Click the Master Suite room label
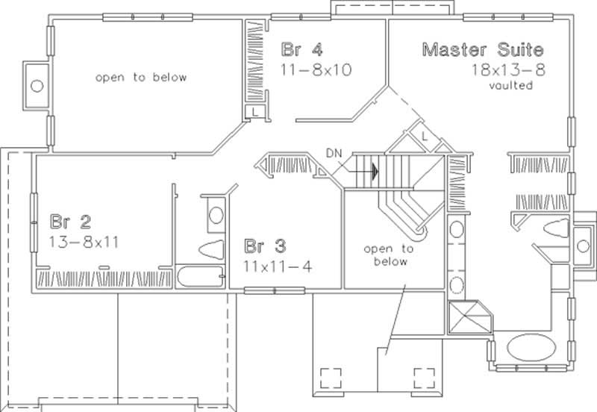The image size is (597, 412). click(x=483, y=50)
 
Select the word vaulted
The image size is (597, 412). click(x=510, y=85)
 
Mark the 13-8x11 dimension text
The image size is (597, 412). click(x=85, y=242)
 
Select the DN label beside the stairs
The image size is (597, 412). click(x=334, y=154)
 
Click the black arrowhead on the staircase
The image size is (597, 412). click(x=374, y=170)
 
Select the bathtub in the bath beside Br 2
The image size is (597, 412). click(x=201, y=275)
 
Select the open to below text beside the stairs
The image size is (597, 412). click(x=387, y=255)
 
